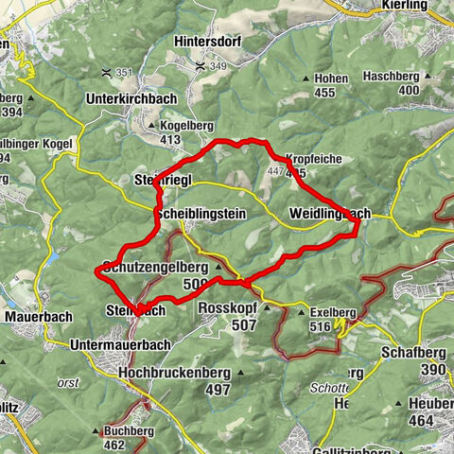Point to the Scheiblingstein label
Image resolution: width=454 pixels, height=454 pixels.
coord(201,215)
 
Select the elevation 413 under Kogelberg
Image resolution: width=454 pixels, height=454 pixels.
coord(170,140)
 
